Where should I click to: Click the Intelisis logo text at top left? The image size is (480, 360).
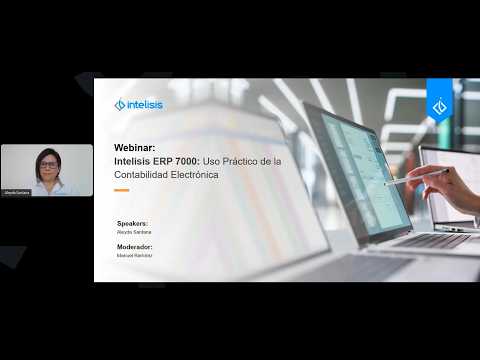click(x=145, y=104)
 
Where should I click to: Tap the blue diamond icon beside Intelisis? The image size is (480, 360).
click(x=120, y=104)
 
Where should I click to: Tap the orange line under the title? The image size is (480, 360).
click(x=121, y=190)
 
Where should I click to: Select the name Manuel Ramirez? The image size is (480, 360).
click(x=134, y=255)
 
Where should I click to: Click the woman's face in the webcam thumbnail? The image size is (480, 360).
click(x=46, y=161)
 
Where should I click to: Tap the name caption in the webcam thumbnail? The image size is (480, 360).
click(x=17, y=191)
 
